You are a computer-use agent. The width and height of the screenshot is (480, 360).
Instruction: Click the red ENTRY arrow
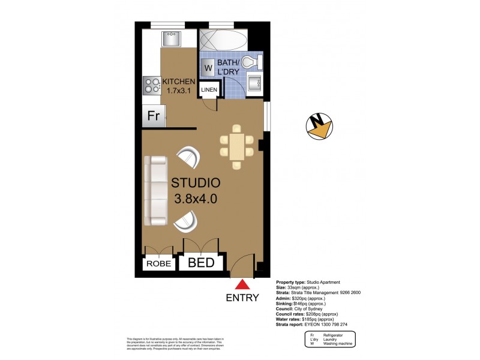click(242, 285)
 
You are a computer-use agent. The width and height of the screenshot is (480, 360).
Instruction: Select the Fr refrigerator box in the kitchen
click(153, 116)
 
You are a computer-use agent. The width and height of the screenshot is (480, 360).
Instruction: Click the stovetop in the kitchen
click(151, 86)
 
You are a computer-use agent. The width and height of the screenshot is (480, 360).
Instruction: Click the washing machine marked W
click(208, 67)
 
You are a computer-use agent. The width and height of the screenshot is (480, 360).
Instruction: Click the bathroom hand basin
click(255, 85)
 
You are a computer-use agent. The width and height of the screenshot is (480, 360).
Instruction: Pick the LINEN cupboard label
click(209, 90)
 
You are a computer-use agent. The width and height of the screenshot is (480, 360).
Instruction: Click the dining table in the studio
click(236, 146)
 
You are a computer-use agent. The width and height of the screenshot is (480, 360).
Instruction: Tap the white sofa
click(156, 190)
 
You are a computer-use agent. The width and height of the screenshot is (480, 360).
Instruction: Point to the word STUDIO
click(196, 182)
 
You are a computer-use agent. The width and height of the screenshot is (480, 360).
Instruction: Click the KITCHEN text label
click(179, 82)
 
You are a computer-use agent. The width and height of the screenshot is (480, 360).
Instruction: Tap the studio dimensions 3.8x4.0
click(195, 200)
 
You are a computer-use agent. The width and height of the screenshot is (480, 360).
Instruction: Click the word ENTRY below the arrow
click(242, 298)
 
